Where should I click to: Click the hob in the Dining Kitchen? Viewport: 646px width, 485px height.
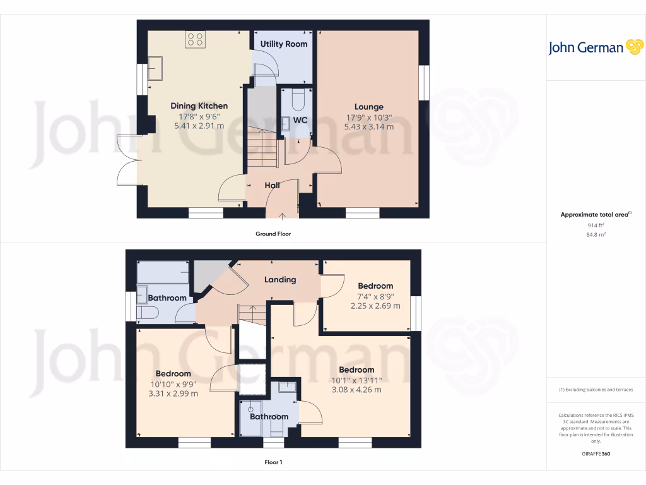pos(196,40)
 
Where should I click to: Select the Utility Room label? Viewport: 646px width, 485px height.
pos(284,44)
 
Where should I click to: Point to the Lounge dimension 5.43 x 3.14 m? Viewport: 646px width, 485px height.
pos(368,126)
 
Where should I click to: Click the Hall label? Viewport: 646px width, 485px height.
pos(272,185)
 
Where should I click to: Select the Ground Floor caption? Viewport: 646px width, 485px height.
pos(273,234)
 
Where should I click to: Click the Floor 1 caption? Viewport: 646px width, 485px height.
pos(273,462)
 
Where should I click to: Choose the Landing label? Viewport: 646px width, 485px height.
pos(280,279)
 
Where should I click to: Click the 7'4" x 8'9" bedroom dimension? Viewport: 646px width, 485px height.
pos(375,296)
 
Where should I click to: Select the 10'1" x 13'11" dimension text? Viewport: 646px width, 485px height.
pos(356,380)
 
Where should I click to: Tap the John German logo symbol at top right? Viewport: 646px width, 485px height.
pos(633,47)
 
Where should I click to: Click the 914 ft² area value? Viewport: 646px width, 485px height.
pos(596,225)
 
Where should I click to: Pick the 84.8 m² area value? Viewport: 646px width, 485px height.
pos(596,235)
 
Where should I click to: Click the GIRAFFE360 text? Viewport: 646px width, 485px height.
pos(596,454)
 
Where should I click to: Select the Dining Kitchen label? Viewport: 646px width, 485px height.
pos(199,106)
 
